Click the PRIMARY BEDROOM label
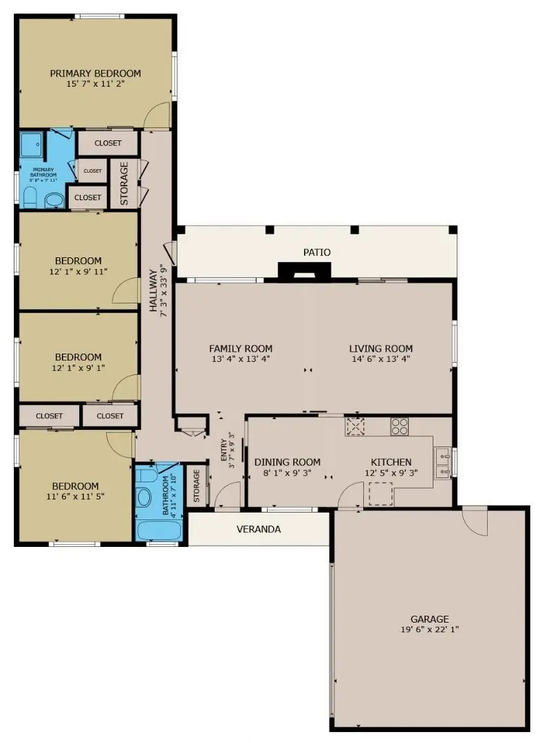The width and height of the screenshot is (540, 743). pos(96,74)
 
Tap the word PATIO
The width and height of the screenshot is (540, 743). pos(317,252)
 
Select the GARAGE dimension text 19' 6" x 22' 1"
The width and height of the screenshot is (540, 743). pos(430,629)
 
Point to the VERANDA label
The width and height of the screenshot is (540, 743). pos(259,529)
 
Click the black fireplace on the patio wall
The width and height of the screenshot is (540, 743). pos(304,271)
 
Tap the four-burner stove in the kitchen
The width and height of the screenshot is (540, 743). pos(400,427)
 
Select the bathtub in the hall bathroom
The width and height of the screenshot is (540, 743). pos(159,530)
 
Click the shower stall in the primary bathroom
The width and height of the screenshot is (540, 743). pos(31,146)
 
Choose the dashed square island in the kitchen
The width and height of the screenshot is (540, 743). pos(380,493)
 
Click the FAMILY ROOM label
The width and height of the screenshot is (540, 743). pos(241,349)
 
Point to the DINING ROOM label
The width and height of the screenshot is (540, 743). pos(288,462)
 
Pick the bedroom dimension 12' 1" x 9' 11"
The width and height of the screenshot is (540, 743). pos(78,271)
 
